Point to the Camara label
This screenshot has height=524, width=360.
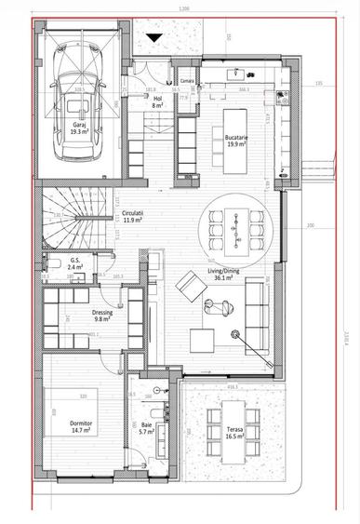pyautogui.click(x=186, y=81)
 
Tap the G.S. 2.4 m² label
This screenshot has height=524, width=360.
pyautogui.click(x=75, y=263)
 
